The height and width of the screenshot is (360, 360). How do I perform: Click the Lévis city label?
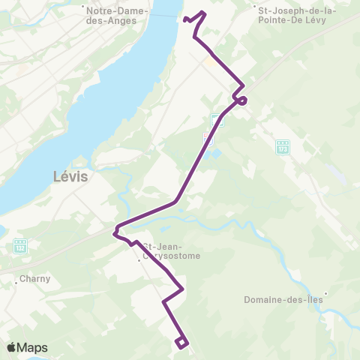[70, 177]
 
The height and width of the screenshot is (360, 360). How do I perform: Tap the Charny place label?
[35, 278]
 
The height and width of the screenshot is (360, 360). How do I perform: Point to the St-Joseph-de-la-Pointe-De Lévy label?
[297, 16]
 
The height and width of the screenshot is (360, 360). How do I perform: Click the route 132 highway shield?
[19, 245]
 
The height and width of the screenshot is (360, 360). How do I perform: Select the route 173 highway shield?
[282, 146]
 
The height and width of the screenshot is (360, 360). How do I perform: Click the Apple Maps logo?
[27, 347]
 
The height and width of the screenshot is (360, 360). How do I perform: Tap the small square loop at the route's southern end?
[181, 343]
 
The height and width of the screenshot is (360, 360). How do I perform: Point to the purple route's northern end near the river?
[184, 18]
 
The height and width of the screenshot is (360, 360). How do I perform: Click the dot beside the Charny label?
[16, 283]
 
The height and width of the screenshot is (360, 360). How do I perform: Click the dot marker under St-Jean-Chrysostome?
[140, 262]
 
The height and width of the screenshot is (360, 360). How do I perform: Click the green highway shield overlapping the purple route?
[216, 120]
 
